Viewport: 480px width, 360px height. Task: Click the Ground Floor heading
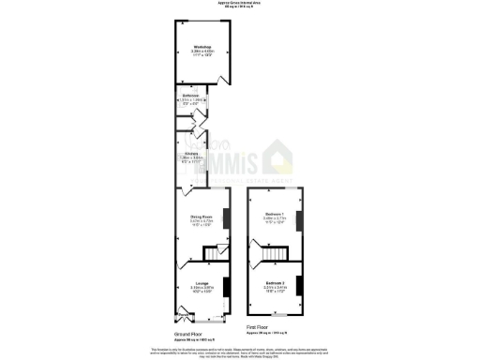click(188, 333)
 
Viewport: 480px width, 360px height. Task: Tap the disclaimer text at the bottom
click(239, 350)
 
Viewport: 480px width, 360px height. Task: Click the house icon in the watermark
click(278, 155)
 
